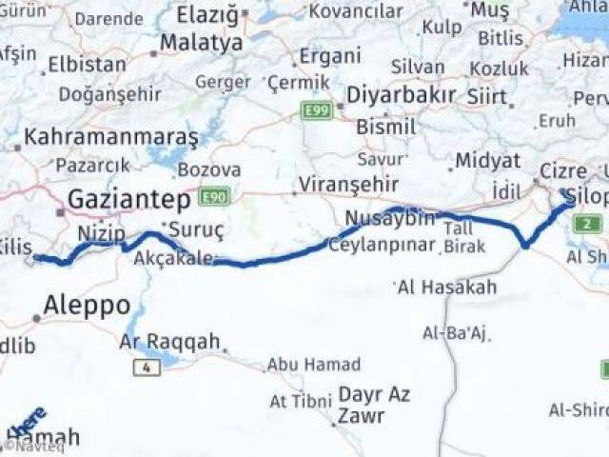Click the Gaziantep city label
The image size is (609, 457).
point(128,199)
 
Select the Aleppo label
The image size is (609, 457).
point(87,306)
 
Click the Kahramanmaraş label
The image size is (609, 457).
point(111,137)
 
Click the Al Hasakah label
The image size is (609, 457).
point(447,287)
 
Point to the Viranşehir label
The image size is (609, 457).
point(347,184)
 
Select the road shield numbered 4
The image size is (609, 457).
point(147,368)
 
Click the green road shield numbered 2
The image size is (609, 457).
point(588,225)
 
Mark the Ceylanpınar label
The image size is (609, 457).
point(381,245)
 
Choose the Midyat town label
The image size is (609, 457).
point(487,160)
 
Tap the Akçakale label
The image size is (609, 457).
point(173,258)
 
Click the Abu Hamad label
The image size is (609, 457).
point(314,365)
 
